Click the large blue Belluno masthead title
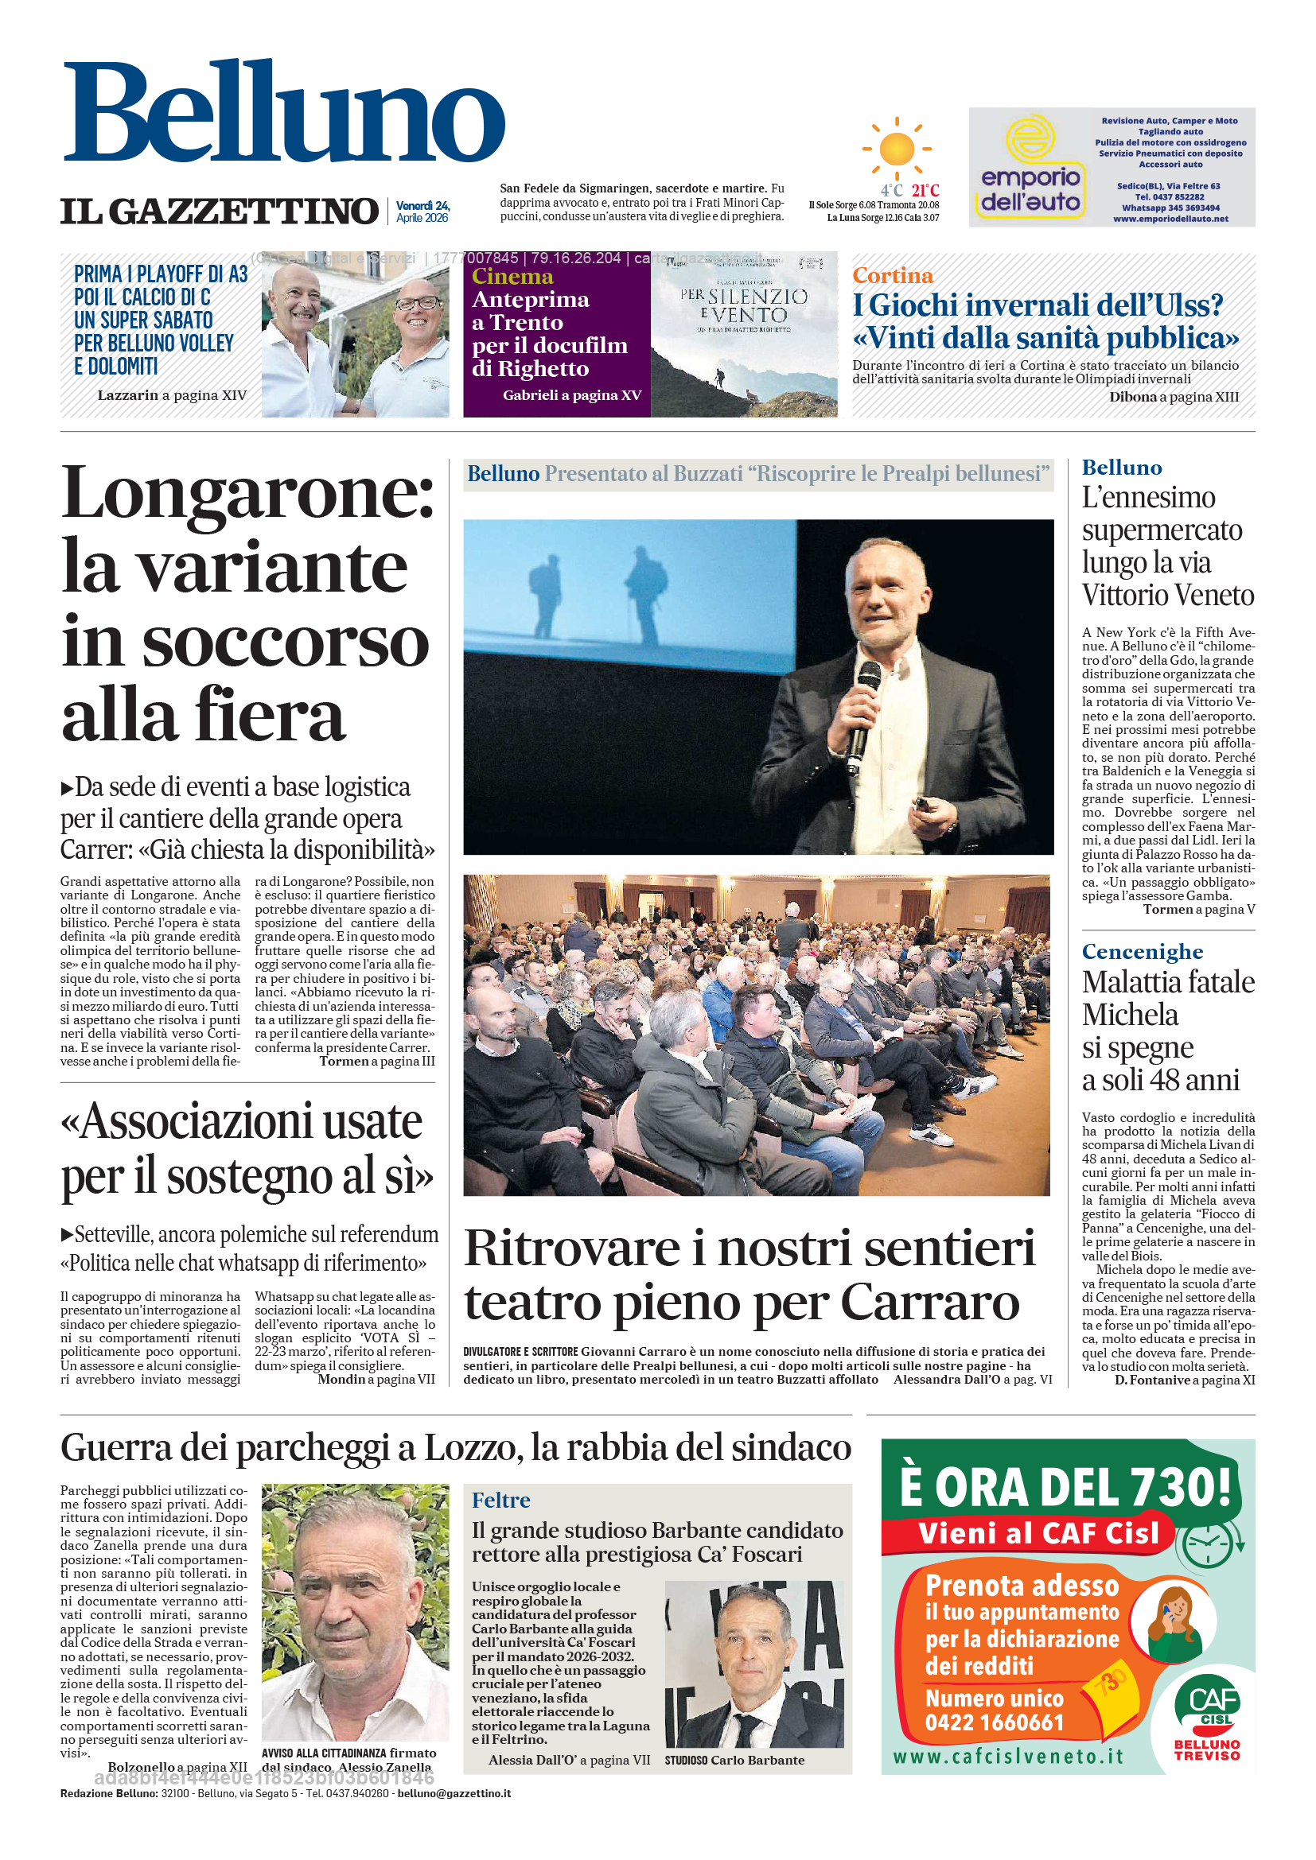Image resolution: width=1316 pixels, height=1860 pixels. [x=283, y=111]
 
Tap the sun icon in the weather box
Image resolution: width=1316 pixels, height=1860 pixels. [x=896, y=149]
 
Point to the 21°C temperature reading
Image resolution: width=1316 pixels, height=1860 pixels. [x=925, y=190]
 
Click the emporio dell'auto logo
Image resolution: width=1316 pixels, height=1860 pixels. [x=1030, y=168]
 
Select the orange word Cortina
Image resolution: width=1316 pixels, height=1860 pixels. [x=892, y=275]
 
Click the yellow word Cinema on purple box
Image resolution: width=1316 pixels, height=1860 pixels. [x=512, y=276]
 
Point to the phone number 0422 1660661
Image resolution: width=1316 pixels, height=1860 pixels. [x=995, y=1722]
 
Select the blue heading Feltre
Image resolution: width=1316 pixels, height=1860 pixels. [x=500, y=1501]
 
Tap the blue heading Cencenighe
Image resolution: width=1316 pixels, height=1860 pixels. [x=1142, y=951]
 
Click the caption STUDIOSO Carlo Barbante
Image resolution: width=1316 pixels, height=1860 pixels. [x=734, y=1761]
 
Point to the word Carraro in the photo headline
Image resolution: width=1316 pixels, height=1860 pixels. [x=929, y=1303]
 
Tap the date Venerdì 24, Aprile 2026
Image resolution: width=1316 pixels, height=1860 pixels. [x=422, y=212]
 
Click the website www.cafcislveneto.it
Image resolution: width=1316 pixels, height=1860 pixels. [x=1008, y=1757]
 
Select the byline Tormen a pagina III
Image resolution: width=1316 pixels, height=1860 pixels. [x=377, y=1062]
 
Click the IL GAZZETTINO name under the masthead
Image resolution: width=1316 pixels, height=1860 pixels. [x=219, y=212]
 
